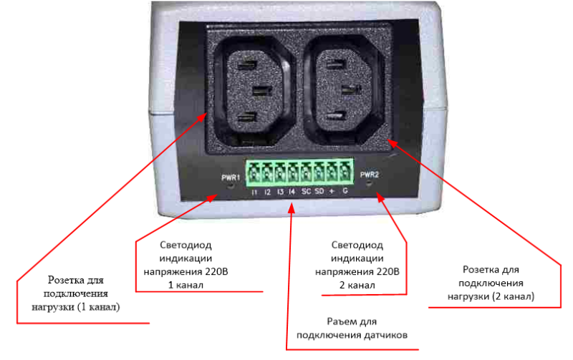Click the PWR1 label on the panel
[231, 177]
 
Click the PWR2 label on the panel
[370, 175]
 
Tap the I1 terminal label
[254, 192]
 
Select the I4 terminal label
[292, 191]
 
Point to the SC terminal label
[307, 191]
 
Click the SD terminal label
[319, 191]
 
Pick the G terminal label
[345, 190]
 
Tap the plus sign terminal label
[332, 191]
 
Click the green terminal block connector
[300, 172]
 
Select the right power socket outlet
[343, 89]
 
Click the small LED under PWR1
[231, 185]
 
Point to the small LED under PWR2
[369, 183]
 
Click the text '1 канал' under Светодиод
[186, 285]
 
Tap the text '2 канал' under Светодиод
[357, 285]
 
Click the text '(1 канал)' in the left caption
[98, 307]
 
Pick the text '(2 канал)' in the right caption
[513, 296]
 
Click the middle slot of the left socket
[262, 90]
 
